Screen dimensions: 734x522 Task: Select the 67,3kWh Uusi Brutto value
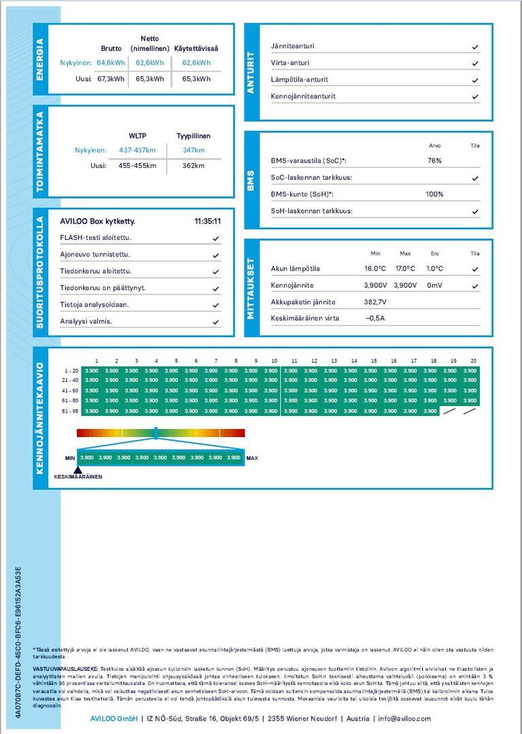(x=111, y=79)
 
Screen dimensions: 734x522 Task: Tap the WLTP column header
(x=137, y=135)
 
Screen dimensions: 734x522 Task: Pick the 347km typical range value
(x=194, y=150)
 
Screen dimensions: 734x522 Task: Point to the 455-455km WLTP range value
(x=137, y=166)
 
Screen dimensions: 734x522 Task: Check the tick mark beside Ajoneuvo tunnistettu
(x=215, y=256)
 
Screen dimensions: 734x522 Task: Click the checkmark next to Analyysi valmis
(x=215, y=322)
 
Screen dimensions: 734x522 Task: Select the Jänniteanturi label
(x=292, y=46)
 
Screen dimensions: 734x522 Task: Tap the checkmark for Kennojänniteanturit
(x=475, y=97)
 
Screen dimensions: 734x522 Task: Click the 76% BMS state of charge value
(x=434, y=161)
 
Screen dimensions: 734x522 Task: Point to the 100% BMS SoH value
(x=434, y=194)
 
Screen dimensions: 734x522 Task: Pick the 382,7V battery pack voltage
(x=375, y=302)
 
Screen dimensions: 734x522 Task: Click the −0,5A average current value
(x=375, y=318)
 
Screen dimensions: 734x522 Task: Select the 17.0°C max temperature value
(x=405, y=268)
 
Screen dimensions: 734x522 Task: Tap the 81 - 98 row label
(x=71, y=411)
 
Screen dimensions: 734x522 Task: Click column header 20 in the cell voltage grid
(x=473, y=361)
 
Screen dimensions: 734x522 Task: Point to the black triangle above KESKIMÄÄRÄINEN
(x=77, y=470)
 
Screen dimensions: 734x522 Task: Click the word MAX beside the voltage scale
(x=252, y=458)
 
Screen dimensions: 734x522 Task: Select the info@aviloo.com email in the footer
(x=404, y=718)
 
